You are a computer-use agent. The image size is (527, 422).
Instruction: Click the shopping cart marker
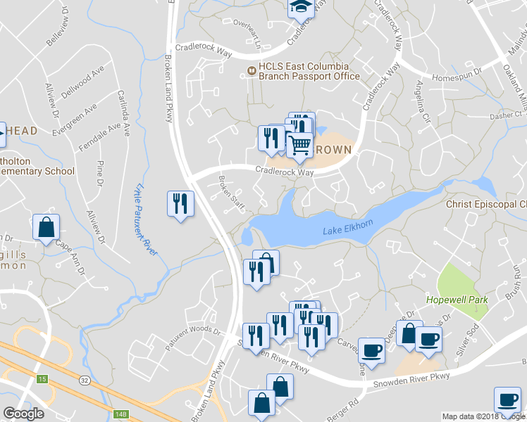tap(301, 145)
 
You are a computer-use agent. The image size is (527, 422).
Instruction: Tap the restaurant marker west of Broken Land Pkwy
tap(180, 203)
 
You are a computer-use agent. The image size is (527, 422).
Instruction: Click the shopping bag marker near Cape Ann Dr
tap(46, 227)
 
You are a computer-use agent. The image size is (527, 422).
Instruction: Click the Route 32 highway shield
tap(84, 381)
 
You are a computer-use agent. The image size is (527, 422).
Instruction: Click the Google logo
tap(23, 413)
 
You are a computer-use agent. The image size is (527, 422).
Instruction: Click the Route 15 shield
tap(42, 379)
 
